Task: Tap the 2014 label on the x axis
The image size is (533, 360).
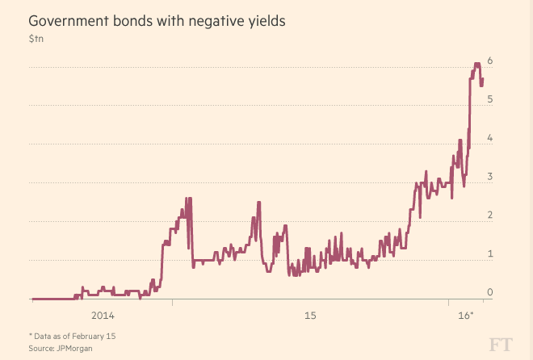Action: pyautogui.click(x=103, y=314)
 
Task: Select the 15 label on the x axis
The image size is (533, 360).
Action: pyautogui.click(x=310, y=314)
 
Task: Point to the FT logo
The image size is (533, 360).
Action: pyautogui.click(x=498, y=344)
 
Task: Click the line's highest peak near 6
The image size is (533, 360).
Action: pyautogui.click(x=476, y=63)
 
